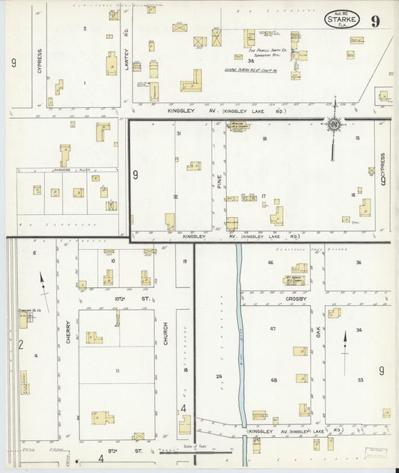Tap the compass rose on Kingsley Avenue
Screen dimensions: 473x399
[334, 124]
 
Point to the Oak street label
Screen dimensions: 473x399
[318, 329]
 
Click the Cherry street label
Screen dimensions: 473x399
[68, 330]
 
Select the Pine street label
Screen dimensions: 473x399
[219, 180]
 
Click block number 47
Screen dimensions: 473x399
[272, 329]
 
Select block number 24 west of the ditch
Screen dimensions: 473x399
[219, 376]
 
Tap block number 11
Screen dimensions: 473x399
[117, 371]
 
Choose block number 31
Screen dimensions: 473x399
[178, 133]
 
